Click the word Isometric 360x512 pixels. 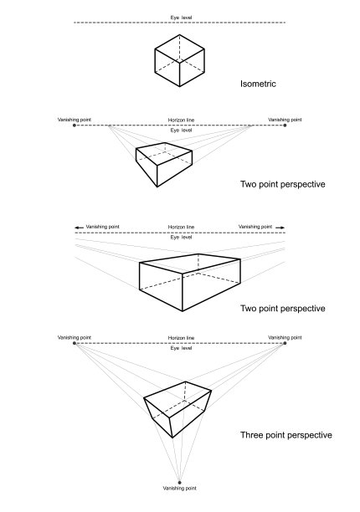(258, 84)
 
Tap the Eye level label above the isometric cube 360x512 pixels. (181, 18)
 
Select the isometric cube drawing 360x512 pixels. (179, 61)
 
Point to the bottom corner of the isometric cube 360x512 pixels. (179, 86)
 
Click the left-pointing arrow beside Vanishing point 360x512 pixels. (79, 228)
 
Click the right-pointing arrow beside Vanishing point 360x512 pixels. (280, 228)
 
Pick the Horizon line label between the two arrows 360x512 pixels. (181, 227)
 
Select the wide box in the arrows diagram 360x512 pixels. (190, 283)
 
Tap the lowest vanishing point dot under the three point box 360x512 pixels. (179, 482)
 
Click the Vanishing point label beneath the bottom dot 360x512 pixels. (179, 489)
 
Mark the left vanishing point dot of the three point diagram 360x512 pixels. (75, 343)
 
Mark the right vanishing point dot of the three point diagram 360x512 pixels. (285, 343)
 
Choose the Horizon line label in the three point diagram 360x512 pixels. (181, 338)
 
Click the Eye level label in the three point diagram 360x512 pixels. (181, 348)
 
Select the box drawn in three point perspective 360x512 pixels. (177, 409)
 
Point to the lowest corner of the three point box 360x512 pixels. (172, 438)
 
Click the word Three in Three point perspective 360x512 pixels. (250, 435)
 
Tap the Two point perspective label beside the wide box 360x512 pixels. (283, 309)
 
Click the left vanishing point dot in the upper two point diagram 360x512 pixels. (75, 125)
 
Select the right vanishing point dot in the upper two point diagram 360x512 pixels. (285, 125)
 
